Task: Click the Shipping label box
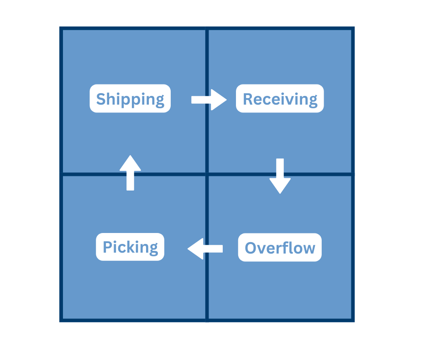pos(130,99)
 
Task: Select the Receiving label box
pos(280,99)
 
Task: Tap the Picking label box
pos(130,247)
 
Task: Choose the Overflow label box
pos(280,248)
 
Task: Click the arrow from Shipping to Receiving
pos(209,100)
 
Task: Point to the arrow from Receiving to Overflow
pos(280,176)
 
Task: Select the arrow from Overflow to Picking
pos(205,249)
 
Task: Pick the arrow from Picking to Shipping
pos(130,172)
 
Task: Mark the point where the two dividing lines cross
pos(207,174)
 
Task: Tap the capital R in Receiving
pos(248,99)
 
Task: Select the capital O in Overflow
pos(251,248)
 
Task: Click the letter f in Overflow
pos(288,248)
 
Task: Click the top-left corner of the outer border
pos(61,28)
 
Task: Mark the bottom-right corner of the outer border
pos(353,321)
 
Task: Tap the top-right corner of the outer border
pos(353,28)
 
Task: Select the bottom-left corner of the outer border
pos(61,321)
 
